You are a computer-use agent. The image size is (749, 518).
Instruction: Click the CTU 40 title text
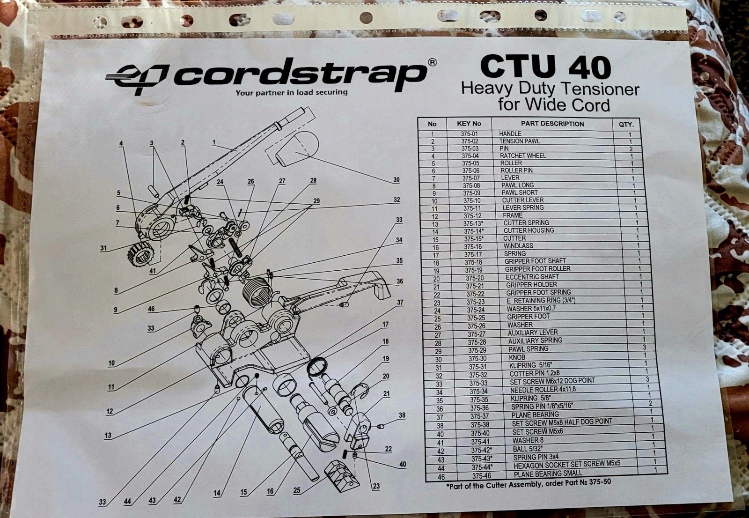click(x=545, y=67)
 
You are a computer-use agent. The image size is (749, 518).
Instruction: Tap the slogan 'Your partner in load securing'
click(x=291, y=92)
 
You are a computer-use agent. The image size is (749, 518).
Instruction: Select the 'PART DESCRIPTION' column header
click(x=552, y=124)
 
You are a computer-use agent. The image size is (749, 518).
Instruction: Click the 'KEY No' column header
click(x=469, y=124)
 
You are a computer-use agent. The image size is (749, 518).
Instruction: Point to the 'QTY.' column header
click(x=626, y=125)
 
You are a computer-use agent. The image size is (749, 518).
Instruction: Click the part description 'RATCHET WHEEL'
click(x=522, y=155)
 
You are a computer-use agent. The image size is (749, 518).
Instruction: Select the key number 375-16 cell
click(x=472, y=247)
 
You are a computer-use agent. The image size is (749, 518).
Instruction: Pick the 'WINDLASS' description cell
click(x=518, y=246)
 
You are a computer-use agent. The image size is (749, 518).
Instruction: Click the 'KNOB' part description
click(x=517, y=357)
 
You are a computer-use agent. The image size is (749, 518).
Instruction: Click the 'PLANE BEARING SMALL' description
click(x=548, y=474)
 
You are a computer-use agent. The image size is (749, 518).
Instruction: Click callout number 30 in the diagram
click(x=396, y=180)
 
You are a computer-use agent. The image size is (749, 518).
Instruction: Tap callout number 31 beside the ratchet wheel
click(x=103, y=248)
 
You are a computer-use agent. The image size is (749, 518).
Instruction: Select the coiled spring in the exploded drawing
click(x=256, y=291)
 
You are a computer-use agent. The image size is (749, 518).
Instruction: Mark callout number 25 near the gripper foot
click(x=297, y=490)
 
